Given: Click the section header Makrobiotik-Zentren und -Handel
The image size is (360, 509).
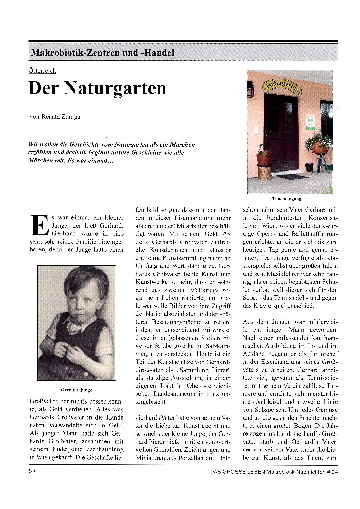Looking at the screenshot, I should pos(102,53).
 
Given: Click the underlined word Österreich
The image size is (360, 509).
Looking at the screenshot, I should pos(42,71).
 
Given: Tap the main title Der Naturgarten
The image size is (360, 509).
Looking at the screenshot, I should pos(97,88).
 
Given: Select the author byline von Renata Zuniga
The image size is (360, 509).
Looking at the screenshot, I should pos(55,117).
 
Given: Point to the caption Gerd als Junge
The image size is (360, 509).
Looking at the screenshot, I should pos(76,390).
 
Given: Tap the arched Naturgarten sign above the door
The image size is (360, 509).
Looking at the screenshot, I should pos(282,87).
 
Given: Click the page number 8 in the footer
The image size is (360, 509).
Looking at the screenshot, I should pos(30,471).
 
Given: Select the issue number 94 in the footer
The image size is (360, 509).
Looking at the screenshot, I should pos(334,472).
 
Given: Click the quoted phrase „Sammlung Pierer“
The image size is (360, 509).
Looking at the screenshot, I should pos(204,370).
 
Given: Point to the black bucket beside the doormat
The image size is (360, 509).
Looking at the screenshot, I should pos(309,167).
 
